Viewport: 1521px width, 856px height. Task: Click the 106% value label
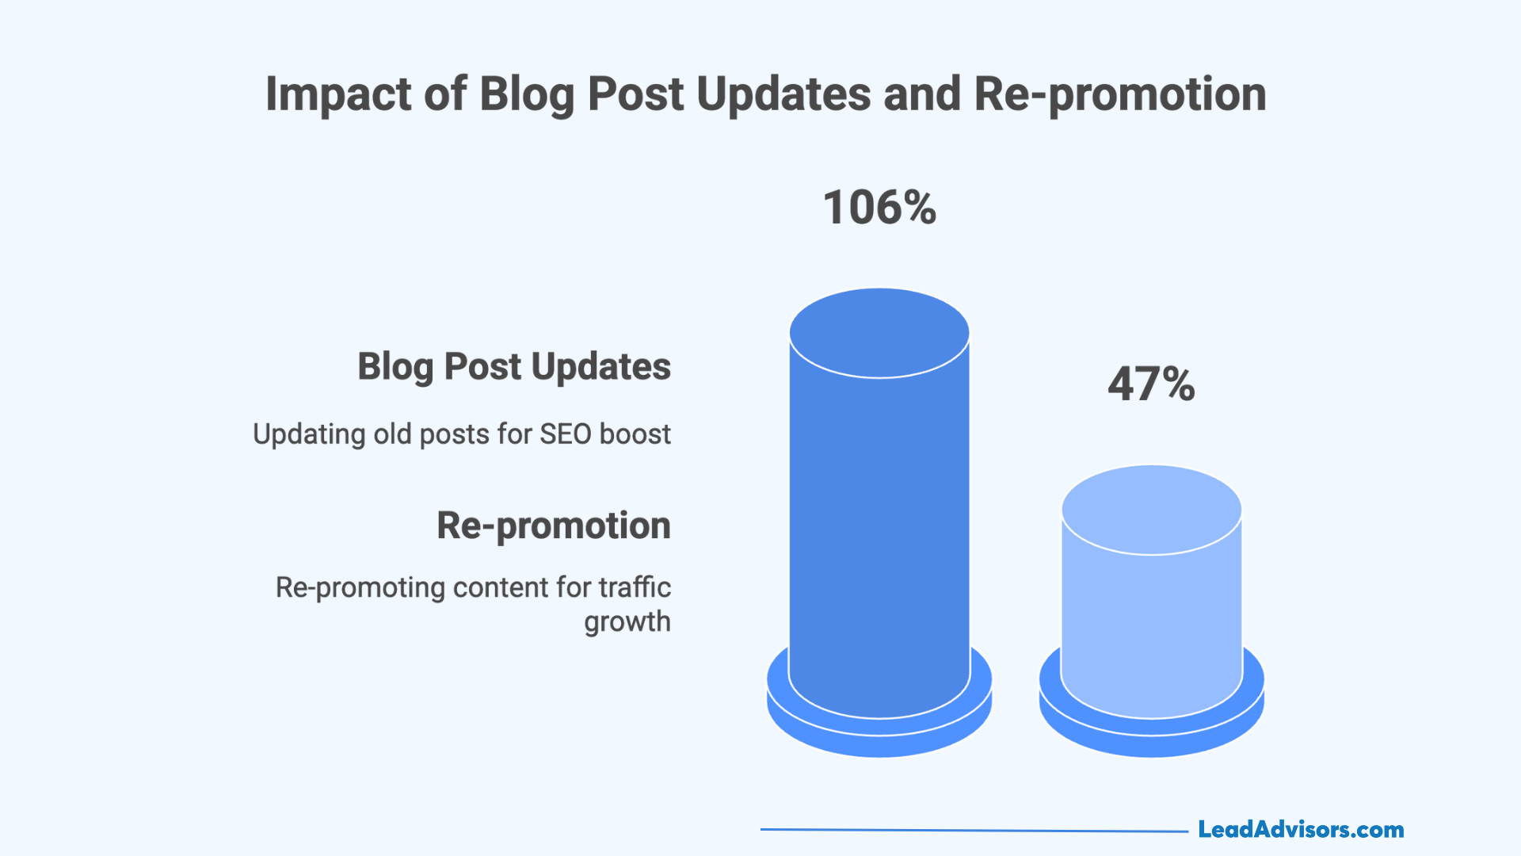point(879,208)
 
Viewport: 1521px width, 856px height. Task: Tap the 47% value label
point(1151,384)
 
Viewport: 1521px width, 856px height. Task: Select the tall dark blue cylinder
point(879,523)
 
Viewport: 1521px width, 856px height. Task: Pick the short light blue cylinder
point(1151,618)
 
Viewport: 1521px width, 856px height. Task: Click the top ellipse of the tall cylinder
point(879,333)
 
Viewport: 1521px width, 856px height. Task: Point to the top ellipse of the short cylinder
point(1151,509)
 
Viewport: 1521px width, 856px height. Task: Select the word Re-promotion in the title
point(1119,94)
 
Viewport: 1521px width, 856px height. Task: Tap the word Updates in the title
point(784,94)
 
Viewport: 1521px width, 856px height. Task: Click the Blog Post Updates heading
point(514,367)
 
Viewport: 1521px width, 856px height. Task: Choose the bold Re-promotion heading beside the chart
point(554,525)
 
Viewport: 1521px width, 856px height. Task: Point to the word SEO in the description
point(566,434)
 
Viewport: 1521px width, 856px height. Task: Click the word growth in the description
point(627,622)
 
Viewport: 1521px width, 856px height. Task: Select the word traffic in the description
point(635,587)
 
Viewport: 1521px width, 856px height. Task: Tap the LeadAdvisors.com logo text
point(1301,830)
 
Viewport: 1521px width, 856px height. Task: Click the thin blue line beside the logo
point(974,831)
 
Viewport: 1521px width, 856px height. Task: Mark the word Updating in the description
point(309,434)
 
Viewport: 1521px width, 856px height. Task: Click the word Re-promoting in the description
point(360,587)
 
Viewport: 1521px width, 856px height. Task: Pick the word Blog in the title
point(527,94)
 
